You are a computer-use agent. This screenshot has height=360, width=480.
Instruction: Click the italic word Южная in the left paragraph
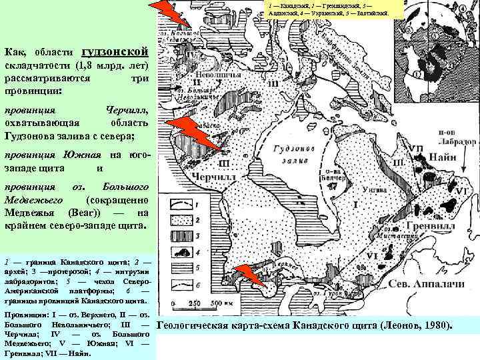click(x=81, y=155)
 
